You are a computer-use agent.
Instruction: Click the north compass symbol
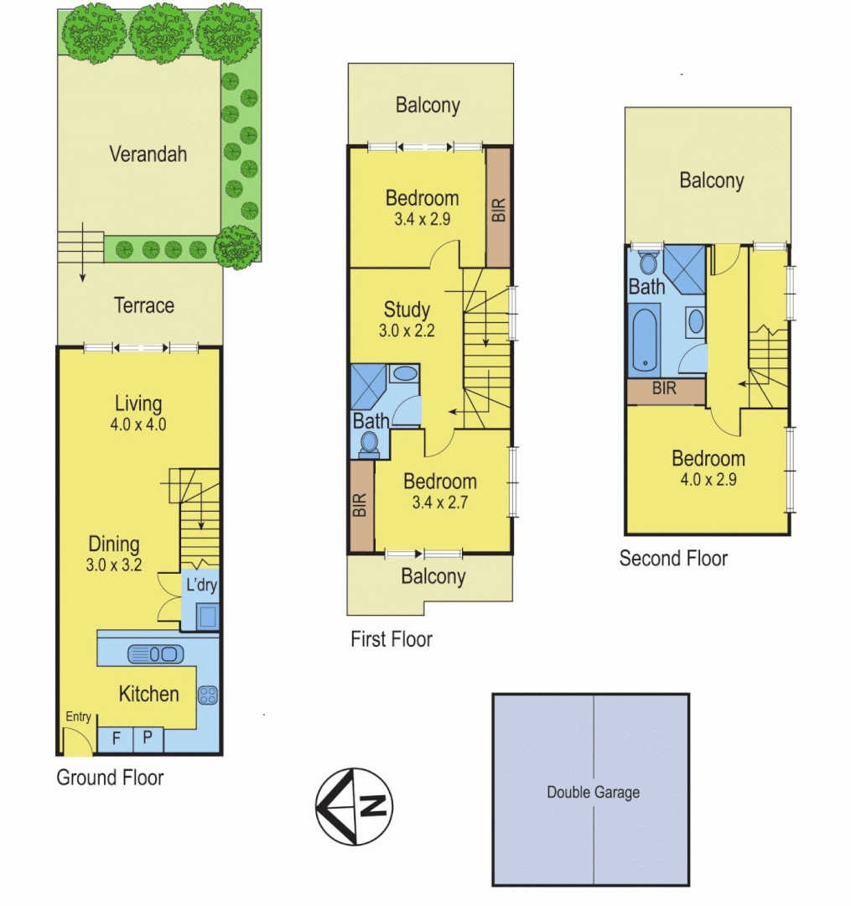[x=353, y=806]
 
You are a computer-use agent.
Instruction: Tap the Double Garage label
[x=593, y=792]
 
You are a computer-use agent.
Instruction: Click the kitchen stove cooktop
[x=207, y=695]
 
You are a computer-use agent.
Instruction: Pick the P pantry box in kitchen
[x=147, y=738]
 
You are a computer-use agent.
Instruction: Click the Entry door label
[x=78, y=716]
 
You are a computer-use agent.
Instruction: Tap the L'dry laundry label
[x=201, y=585]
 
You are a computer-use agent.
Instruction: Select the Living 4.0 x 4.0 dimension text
[x=138, y=424]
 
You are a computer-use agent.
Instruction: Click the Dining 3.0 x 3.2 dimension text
[x=115, y=565]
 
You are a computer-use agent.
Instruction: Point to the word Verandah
[x=148, y=154]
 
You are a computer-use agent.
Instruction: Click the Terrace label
[x=144, y=305]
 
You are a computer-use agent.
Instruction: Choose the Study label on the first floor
[x=407, y=309]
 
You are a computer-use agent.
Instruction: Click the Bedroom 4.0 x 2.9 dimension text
[x=708, y=481]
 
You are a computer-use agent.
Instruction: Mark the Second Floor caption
[x=673, y=558]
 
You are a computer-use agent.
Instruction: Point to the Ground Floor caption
[x=110, y=778]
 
